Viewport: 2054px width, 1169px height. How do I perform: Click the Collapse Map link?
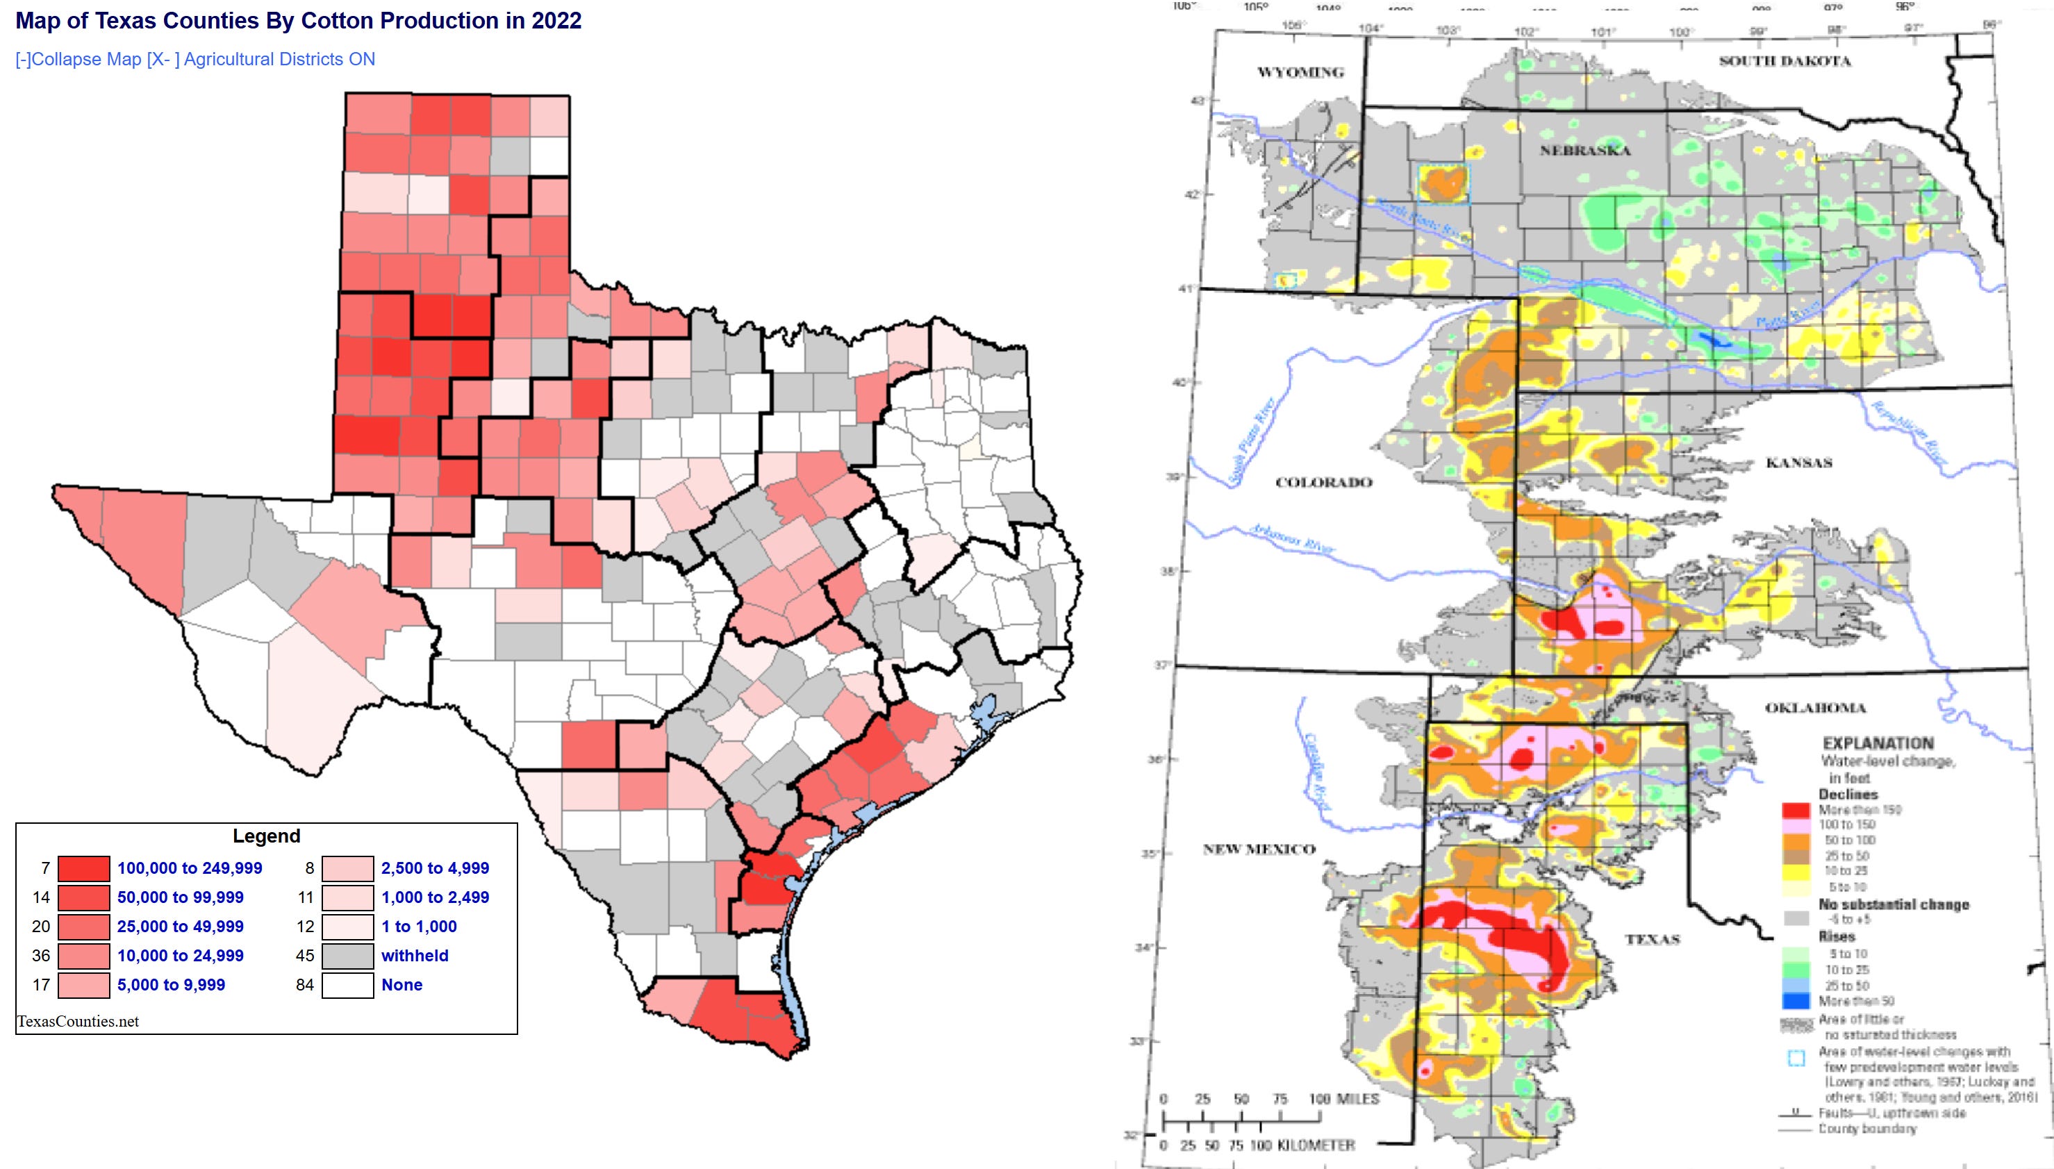pos(78,60)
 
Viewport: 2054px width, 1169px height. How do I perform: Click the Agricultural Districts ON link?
pos(279,60)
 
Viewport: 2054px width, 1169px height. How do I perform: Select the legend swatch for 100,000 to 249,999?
pos(83,868)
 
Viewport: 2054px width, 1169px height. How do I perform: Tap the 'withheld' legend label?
pos(414,956)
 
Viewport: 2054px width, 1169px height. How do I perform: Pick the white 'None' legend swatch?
pos(347,985)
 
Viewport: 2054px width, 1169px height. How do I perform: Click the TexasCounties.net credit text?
pos(78,1021)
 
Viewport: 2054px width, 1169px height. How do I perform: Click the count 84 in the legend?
pos(304,985)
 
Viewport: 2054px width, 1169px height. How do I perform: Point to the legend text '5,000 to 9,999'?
pos(171,985)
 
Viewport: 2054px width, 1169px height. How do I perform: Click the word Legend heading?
pos(267,836)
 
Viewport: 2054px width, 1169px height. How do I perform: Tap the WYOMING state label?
pos(1300,72)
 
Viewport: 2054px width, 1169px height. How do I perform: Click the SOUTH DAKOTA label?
pos(1784,61)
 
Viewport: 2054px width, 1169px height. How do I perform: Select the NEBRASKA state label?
pos(1584,150)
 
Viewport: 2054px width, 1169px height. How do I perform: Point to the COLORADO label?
pos(1323,483)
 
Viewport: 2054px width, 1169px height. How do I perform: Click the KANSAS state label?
pos(1799,463)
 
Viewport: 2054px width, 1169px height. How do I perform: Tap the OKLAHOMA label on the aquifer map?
pos(1815,707)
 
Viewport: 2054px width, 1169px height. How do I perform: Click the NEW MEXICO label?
pos(1259,849)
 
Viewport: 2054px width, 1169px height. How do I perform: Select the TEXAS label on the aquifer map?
pos(1653,938)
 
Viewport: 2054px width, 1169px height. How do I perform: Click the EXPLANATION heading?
pos(1878,743)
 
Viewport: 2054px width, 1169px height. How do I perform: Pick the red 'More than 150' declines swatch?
pos(1795,809)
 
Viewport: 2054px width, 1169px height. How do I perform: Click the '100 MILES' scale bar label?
pos(1343,1098)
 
